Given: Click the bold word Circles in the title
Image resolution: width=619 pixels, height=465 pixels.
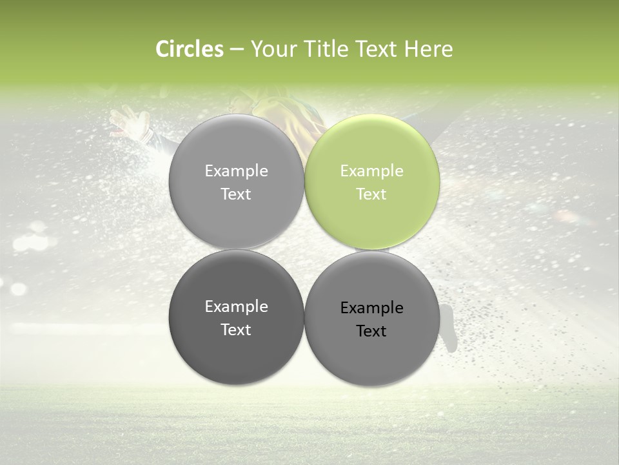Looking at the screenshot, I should click(x=190, y=49).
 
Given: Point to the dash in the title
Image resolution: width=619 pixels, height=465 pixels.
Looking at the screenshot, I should click(x=236, y=50).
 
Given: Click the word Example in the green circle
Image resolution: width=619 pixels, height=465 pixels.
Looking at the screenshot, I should click(x=371, y=171).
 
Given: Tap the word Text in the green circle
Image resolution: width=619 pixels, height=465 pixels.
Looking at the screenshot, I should click(x=371, y=194).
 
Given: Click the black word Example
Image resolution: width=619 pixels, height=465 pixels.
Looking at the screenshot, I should click(x=371, y=308).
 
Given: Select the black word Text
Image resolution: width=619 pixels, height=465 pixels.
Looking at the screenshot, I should click(x=371, y=331).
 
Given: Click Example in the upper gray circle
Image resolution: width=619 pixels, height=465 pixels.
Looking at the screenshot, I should click(x=236, y=171).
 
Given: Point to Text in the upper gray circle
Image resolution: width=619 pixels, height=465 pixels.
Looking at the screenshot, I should click(x=236, y=194).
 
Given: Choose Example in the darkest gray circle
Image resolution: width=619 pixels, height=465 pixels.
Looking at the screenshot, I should click(x=236, y=307).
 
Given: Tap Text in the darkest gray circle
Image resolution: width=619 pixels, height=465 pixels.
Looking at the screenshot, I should click(x=236, y=330).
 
